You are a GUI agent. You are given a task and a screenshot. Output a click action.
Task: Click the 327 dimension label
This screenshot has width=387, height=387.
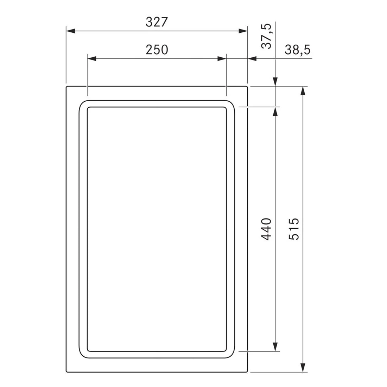tap(157, 22)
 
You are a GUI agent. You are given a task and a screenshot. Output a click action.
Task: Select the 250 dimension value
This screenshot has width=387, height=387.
tap(157, 50)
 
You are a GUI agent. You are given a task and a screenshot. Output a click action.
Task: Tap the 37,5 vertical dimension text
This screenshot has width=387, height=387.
tap(266, 36)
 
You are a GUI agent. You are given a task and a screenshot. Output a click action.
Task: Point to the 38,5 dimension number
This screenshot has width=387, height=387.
tap(297, 50)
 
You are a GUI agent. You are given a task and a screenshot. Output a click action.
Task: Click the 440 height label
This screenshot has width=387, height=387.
tap(266, 229)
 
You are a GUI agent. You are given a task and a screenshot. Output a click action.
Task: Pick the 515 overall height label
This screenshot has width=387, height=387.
tap(294, 229)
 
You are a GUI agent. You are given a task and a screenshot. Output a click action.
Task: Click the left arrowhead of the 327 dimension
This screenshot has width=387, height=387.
tap(70, 31)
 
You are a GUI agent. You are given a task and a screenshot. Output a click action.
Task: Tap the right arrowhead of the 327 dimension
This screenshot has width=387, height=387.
tap(243, 31)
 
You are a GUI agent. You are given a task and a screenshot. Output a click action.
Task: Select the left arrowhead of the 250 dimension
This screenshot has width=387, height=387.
tap(92, 58)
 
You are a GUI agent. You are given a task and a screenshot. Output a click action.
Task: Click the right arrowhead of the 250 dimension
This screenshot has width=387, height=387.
tap(222, 58)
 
